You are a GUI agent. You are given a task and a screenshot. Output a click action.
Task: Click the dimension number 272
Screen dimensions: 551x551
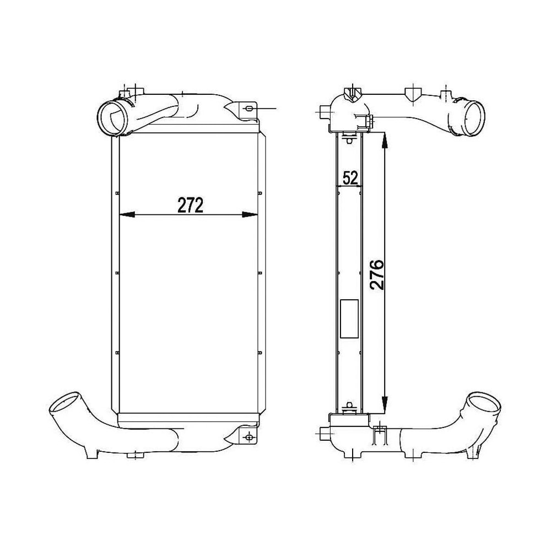tap(191, 205)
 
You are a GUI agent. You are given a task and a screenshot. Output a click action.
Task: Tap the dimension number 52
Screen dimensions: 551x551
tap(350, 178)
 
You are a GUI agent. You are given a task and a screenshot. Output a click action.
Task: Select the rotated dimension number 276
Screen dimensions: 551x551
tap(376, 275)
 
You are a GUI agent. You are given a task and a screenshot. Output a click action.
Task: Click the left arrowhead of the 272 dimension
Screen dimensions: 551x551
tap(127, 215)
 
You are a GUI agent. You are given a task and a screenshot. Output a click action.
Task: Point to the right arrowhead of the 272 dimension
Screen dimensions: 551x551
tap(250, 215)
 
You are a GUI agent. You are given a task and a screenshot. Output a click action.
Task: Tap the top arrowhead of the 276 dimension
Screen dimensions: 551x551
tap(385, 141)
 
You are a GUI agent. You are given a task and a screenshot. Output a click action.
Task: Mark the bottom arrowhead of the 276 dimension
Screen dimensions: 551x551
tap(385, 404)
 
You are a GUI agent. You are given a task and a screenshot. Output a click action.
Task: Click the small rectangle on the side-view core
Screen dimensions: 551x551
tap(349, 319)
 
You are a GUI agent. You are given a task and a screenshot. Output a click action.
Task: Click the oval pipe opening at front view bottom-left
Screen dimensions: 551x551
tap(66, 403)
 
